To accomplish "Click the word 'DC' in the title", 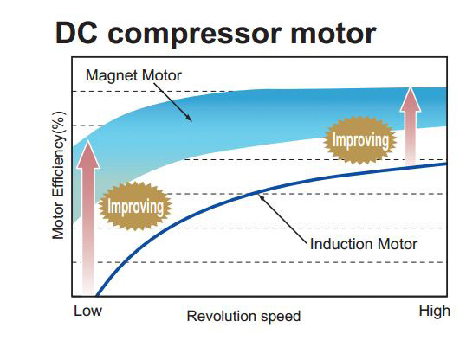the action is point(76,33).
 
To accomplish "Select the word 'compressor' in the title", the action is point(195,35).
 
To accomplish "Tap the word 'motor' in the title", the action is point(333,34).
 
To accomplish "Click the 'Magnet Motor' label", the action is point(133,75).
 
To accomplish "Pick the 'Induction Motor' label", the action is point(364,244).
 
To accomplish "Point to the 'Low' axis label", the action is point(87,311).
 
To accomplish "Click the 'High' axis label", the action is point(434,312).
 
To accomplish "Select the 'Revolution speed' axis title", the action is point(243,316).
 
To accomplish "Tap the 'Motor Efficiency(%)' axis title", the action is point(58,175).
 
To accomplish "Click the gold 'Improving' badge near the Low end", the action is point(135,206).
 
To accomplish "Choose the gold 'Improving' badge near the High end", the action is point(360,140).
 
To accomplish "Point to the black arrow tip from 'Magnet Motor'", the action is point(191,121).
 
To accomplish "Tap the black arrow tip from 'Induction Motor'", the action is point(259,195).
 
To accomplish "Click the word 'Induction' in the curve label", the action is point(341,244).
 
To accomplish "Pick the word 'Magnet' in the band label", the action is point(112,75).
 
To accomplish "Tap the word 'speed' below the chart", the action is point(281,317).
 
